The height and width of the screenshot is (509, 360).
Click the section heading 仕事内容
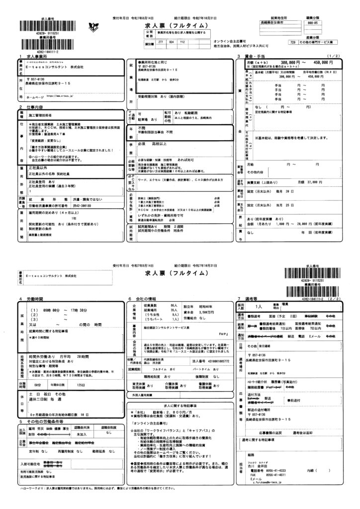coord(30,107)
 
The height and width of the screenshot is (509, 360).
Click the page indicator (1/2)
coord(331,56)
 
